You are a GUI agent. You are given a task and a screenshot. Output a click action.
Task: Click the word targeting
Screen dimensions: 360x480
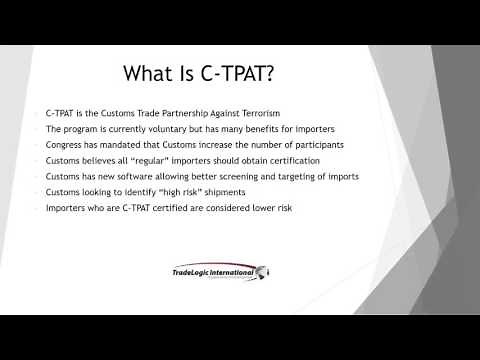279,177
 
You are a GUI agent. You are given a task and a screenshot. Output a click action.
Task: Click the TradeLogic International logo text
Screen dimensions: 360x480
213,270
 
